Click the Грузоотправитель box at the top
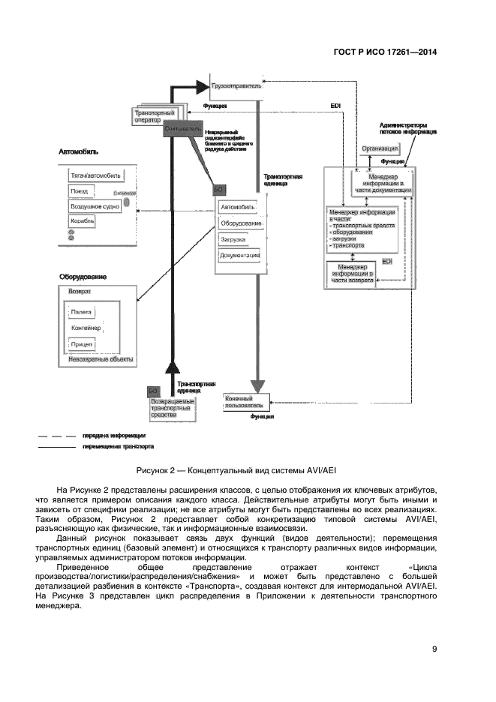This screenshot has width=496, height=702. (x=236, y=86)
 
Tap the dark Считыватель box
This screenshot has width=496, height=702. (x=182, y=129)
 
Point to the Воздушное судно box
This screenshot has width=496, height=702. (x=92, y=205)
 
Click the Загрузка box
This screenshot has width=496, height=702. (x=233, y=239)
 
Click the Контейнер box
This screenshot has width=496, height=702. (x=86, y=328)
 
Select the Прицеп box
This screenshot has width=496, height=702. (x=82, y=345)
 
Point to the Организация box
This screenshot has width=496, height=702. (x=379, y=149)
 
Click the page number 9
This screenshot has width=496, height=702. (x=434, y=649)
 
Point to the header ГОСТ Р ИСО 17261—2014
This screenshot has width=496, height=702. (x=385, y=52)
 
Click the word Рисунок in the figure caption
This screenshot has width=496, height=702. (x=153, y=470)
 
